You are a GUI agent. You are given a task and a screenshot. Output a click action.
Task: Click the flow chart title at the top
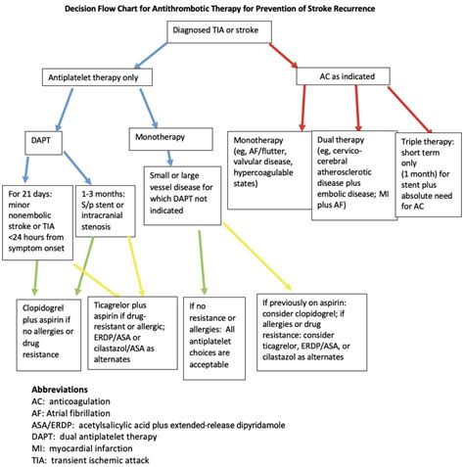click(232, 8)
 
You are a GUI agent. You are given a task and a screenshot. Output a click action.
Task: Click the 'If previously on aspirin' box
click(316, 322)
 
